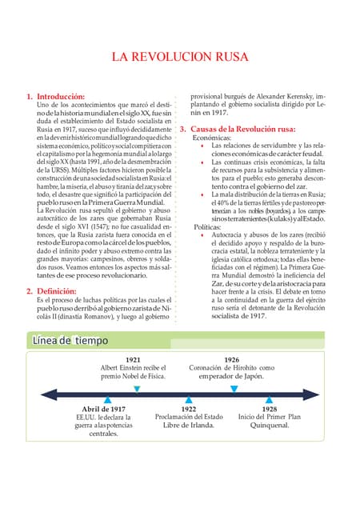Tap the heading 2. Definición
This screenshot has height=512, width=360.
[x=51, y=290]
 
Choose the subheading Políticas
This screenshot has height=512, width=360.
[x=207, y=226]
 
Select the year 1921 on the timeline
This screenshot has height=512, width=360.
[x=134, y=360]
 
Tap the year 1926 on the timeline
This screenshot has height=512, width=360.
[x=232, y=360]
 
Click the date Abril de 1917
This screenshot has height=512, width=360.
[x=104, y=408]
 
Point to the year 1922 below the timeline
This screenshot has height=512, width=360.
[x=189, y=408]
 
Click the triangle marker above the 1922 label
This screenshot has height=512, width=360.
[x=189, y=398]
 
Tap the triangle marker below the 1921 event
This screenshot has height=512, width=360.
[x=136, y=388]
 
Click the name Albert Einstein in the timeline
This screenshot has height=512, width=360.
[x=122, y=368]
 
